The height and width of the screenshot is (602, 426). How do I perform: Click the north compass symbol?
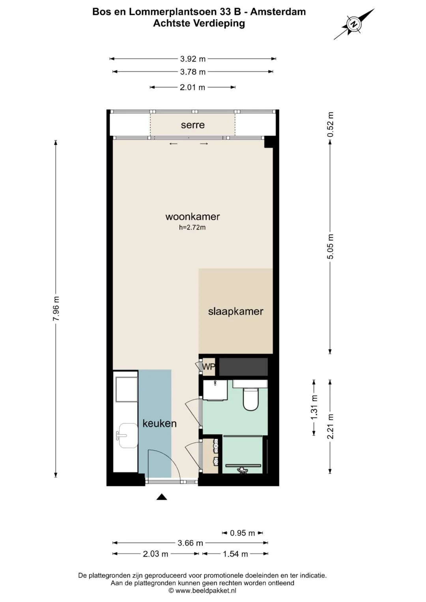tap(354, 24)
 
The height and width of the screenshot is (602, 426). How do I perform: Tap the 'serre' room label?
tap(192, 125)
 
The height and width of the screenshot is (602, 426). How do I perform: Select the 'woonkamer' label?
tap(192, 216)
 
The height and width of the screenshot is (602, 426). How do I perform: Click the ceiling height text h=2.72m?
tap(192, 227)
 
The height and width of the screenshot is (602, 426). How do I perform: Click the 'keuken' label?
tap(159, 423)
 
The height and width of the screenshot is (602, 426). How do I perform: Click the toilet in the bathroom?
tap(250, 397)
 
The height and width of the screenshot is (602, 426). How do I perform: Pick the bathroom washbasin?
tap(215, 390)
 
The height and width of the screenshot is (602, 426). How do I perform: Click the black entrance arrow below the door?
tap(162, 497)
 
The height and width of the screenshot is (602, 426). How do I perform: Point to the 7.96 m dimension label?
tap(56, 309)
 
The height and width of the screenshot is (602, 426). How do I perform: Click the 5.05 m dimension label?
tap(330, 246)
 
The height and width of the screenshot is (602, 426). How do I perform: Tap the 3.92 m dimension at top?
tap(192, 59)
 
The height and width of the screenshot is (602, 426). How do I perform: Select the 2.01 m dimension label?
tap(192, 88)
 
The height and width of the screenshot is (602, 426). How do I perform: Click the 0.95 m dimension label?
tap(242, 533)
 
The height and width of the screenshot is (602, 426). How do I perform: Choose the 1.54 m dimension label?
tap(235, 554)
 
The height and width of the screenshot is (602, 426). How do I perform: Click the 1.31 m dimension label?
tap(314, 407)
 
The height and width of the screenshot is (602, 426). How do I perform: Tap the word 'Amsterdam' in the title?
tap(278, 12)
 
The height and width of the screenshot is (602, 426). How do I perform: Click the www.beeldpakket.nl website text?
tap(206, 591)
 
